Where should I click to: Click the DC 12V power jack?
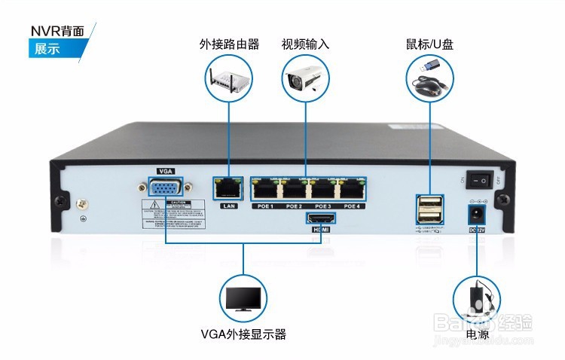pos(477,215)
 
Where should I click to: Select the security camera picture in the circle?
pos(306,78)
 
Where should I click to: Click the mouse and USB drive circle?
pos(430,78)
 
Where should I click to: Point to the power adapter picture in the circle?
pos(477,299)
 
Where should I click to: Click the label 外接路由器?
pos(229,44)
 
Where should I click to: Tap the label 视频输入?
pos(306,44)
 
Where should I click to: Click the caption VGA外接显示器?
pos(243,334)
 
